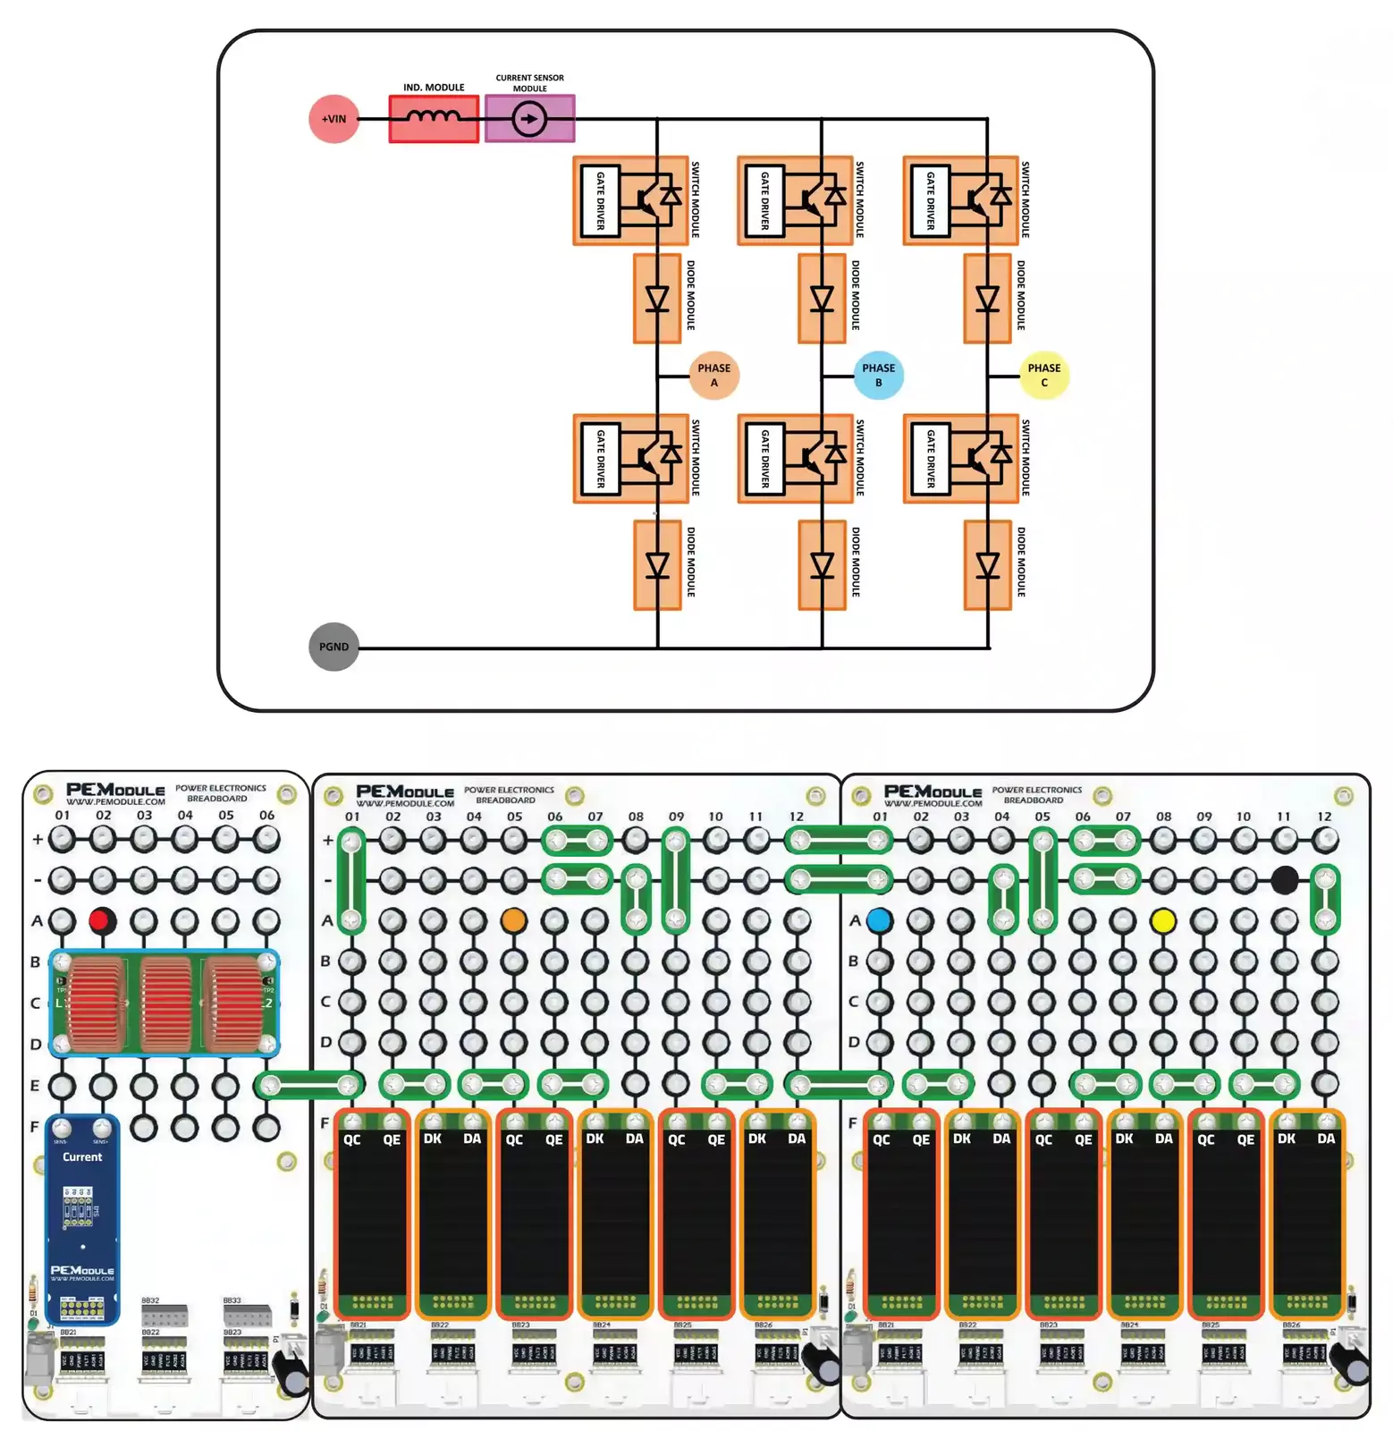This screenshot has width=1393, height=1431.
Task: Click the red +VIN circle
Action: [x=333, y=118]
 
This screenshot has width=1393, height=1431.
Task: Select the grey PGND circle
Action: [x=333, y=647]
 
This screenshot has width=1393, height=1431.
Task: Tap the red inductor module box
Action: [x=434, y=118]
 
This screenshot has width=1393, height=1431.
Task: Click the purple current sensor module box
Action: [x=529, y=118]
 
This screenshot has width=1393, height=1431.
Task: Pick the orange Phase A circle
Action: [x=713, y=375]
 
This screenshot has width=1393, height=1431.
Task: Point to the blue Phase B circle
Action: [x=878, y=375]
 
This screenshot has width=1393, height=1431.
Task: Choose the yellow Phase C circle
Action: [x=1043, y=375]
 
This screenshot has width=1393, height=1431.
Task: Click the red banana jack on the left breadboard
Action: [x=103, y=919]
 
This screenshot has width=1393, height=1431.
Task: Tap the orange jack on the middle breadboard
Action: [x=513, y=919]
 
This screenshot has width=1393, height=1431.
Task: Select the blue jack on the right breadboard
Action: [x=879, y=919]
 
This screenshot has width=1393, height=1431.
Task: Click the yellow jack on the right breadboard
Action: [x=1162, y=919]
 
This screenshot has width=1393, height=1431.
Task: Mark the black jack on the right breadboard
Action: [x=1284, y=880]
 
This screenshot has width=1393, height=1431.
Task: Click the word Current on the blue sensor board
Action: [x=82, y=1156]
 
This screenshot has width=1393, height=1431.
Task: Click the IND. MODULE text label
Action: [x=434, y=88]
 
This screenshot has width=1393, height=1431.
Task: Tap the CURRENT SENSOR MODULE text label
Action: [x=529, y=82]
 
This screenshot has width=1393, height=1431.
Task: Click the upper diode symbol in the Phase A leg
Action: [x=657, y=298]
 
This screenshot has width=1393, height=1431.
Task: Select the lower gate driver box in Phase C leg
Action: [x=930, y=458]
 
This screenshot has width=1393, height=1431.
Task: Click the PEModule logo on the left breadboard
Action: [x=115, y=791]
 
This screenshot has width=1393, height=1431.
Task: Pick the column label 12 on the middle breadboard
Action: [x=796, y=817]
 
